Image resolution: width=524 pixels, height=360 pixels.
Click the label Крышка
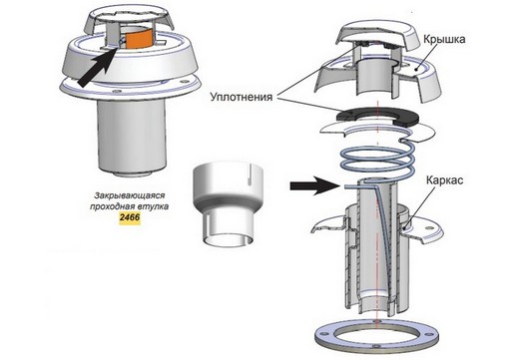coord(444,40)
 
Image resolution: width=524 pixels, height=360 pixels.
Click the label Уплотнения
coord(242,97)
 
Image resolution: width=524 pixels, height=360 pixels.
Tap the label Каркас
coord(444,180)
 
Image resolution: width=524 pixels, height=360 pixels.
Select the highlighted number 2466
coord(130,217)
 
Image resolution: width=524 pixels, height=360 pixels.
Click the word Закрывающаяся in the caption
coord(130,195)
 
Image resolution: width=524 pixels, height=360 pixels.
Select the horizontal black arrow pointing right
coord(314,185)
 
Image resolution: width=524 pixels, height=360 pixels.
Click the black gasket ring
coord(377,116)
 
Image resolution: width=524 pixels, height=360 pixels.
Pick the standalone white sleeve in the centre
coord(228,204)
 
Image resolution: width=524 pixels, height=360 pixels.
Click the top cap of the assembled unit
coord(129,20)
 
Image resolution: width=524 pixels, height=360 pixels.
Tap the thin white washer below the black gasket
coord(377,131)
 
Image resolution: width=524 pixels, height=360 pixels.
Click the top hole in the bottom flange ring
coord(377,322)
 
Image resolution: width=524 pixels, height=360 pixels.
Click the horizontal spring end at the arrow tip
coord(353,186)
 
